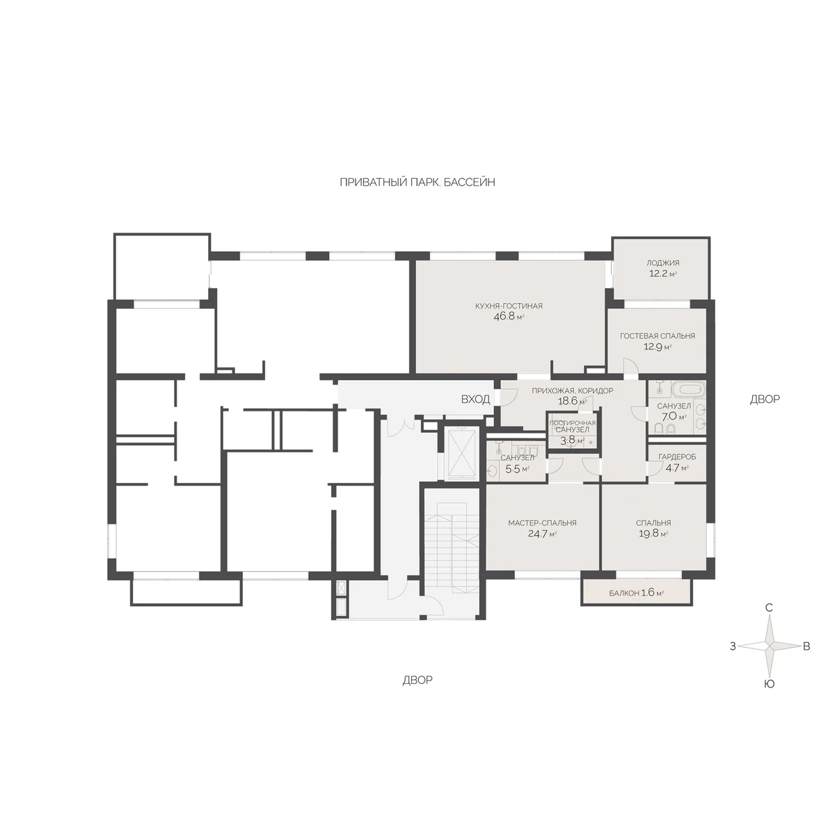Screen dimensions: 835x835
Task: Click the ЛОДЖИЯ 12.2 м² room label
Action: coord(662,268)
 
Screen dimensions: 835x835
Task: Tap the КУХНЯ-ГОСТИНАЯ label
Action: coord(509,306)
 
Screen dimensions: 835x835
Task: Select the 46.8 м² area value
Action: coord(509,317)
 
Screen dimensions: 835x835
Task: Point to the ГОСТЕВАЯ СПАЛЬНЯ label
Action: coord(658,336)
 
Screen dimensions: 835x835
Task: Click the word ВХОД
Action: coord(475,399)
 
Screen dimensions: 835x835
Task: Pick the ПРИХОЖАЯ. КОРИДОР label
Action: coord(573,390)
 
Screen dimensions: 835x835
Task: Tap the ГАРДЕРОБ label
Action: coord(677,456)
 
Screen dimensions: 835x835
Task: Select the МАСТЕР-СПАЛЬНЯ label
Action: coord(542,523)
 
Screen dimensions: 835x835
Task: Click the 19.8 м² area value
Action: coord(653,534)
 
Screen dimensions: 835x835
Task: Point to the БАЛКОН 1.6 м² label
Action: coord(637,593)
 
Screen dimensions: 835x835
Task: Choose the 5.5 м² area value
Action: coord(518,468)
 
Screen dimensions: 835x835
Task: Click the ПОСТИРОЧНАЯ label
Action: coord(572,423)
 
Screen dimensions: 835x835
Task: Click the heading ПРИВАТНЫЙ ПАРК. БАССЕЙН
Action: coord(417,182)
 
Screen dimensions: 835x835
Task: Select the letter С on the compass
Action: coord(769,608)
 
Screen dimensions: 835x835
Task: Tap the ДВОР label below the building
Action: coord(417,681)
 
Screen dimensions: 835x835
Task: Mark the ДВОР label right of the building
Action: coord(765,399)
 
